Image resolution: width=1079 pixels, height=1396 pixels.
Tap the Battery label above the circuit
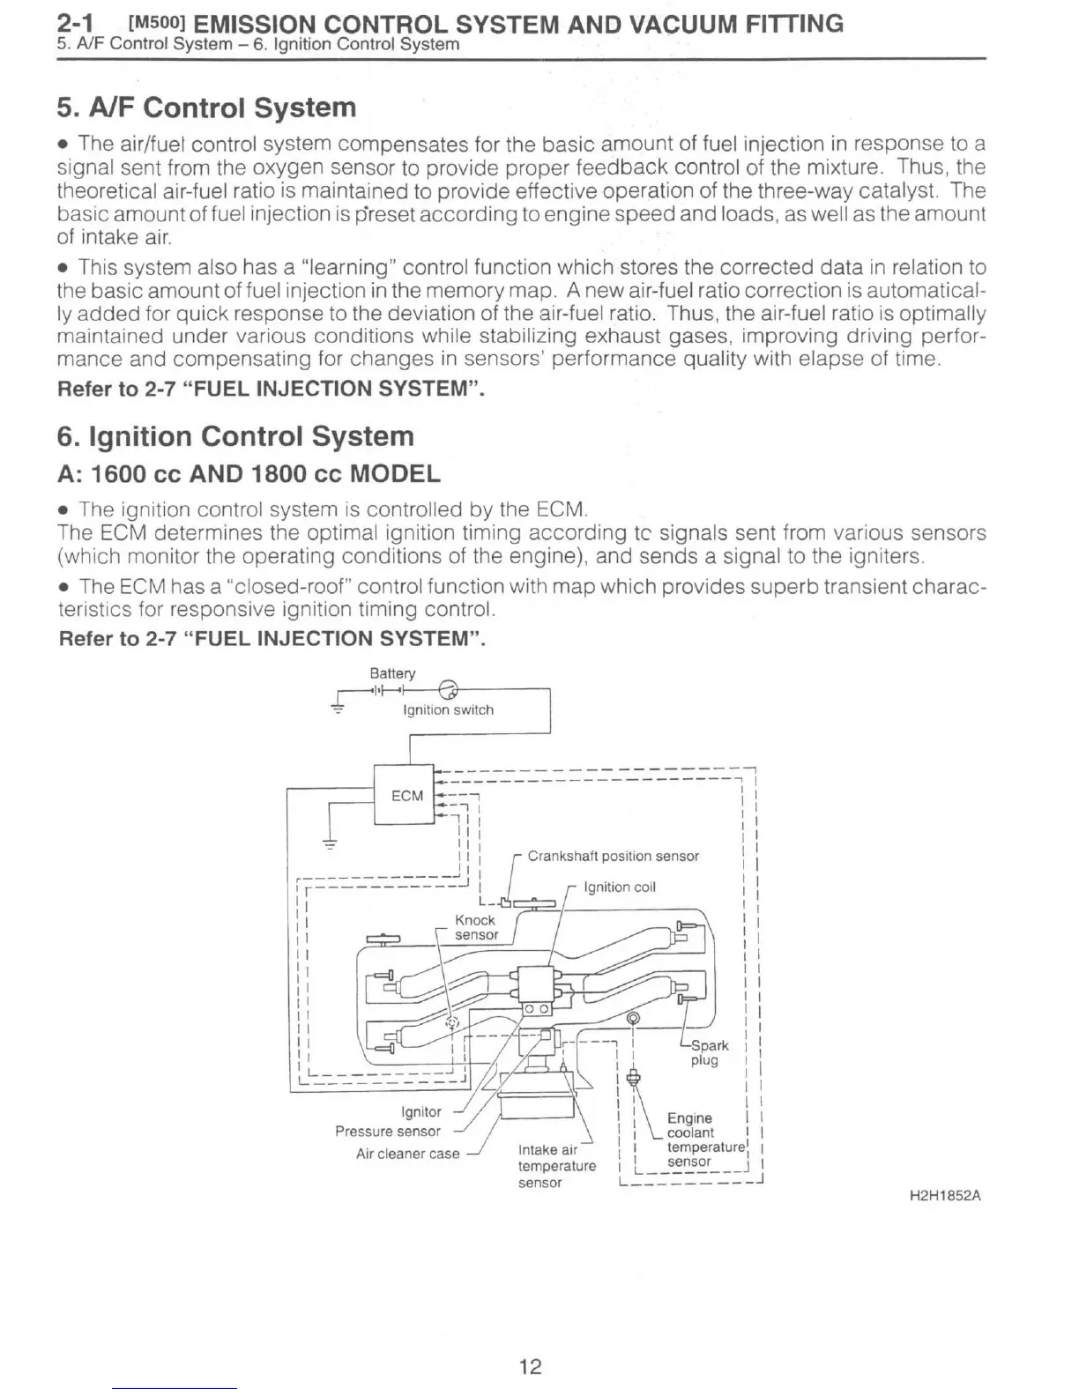392,673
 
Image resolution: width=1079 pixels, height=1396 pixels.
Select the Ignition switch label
448,709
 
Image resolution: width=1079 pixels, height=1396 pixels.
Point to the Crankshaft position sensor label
613,856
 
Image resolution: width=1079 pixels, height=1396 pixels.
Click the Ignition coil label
620,887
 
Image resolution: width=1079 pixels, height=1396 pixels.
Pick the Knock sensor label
475,927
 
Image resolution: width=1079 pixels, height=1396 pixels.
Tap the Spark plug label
708,1052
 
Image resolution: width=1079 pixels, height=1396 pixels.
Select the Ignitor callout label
420,1112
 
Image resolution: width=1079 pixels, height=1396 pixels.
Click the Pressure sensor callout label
388,1132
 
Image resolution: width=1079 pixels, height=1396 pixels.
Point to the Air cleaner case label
407,1154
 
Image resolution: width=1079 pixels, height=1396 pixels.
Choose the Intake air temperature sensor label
555,1166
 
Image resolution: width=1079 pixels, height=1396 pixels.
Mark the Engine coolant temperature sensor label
703,1140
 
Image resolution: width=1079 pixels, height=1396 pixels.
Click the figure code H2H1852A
945,1196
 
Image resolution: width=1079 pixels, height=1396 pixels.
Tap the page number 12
530,1366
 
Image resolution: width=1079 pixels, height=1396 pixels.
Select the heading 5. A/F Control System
206,108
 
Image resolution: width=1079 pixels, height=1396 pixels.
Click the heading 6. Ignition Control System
235,436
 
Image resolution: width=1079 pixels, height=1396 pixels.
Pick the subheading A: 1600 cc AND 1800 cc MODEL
249,474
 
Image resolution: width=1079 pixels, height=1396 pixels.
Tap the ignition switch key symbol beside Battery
447,688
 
